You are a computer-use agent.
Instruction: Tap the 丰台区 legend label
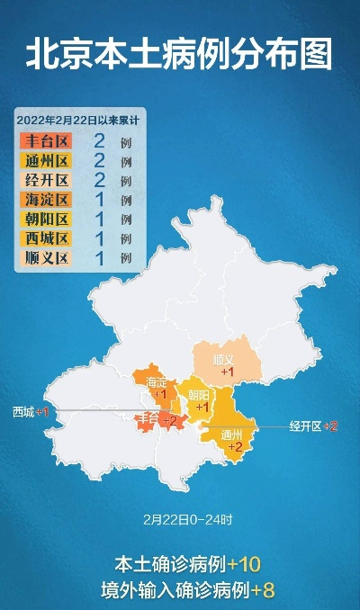click(x=44, y=140)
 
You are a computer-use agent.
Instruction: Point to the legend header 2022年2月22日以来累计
click(x=80, y=119)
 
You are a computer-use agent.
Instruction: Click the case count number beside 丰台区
click(x=101, y=140)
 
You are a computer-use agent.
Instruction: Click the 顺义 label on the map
click(x=224, y=360)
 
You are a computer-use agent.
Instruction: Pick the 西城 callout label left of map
click(x=23, y=411)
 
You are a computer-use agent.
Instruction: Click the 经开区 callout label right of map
click(x=305, y=426)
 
